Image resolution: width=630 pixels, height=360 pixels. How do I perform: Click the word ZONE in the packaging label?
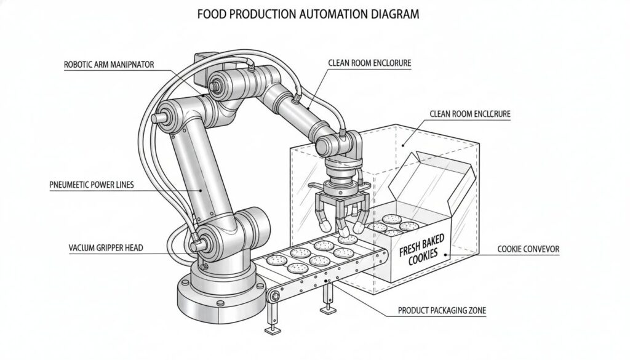click(x=474, y=311)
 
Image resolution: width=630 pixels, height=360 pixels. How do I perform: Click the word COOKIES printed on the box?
click(x=425, y=260)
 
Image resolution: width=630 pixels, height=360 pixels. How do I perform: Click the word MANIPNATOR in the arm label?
click(x=132, y=63)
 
